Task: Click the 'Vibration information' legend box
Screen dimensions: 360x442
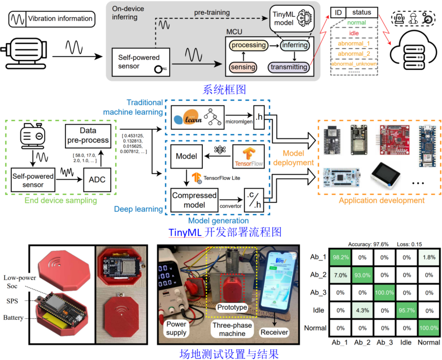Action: (51, 19)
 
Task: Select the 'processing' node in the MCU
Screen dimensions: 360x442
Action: (249, 45)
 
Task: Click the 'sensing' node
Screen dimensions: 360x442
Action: (243, 67)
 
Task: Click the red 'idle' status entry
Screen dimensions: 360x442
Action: (354, 33)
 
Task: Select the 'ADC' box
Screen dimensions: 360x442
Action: (97, 180)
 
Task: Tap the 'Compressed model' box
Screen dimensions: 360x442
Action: (194, 200)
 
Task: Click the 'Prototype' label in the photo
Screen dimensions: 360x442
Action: (231, 307)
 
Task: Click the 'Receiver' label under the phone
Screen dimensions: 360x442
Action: (275, 332)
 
